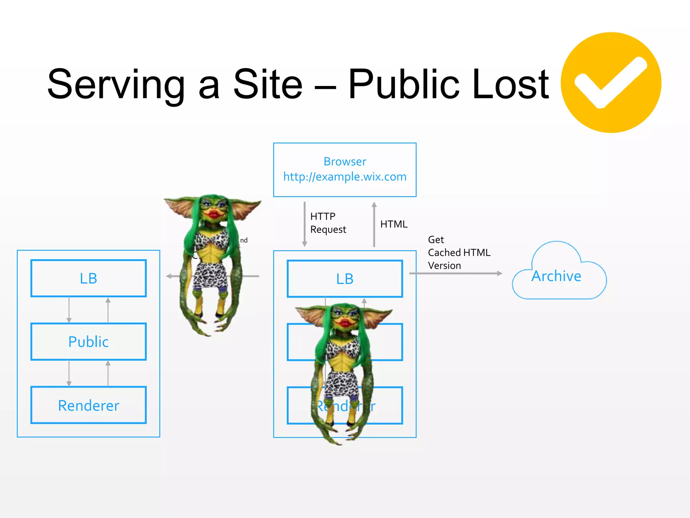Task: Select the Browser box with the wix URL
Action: click(x=345, y=170)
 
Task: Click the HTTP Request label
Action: click(x=327, y=223)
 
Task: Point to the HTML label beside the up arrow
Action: click(x=394, y=224)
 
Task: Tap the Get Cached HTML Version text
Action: click(x=459, y=253)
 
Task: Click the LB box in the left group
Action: click(x=88, y=278)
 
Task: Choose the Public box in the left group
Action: click(x=88, y=342)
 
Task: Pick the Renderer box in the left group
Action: click(x=88, y=405)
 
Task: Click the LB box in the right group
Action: click(x=345, y=279)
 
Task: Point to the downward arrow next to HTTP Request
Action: click(x=305, y=224)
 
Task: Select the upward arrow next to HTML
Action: click(x=374, y=224)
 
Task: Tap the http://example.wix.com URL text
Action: click(x=345, y=177)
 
